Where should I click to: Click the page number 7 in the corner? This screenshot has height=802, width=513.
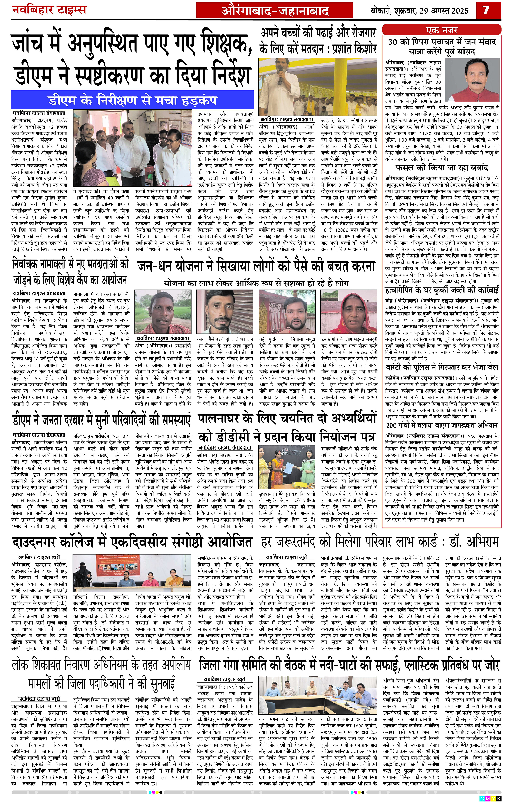click(x=486, y=10)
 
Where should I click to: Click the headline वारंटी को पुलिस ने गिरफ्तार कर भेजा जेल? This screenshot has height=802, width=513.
click(x=442, y=367)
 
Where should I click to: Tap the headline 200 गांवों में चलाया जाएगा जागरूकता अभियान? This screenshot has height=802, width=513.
click(x=442, y=425)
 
